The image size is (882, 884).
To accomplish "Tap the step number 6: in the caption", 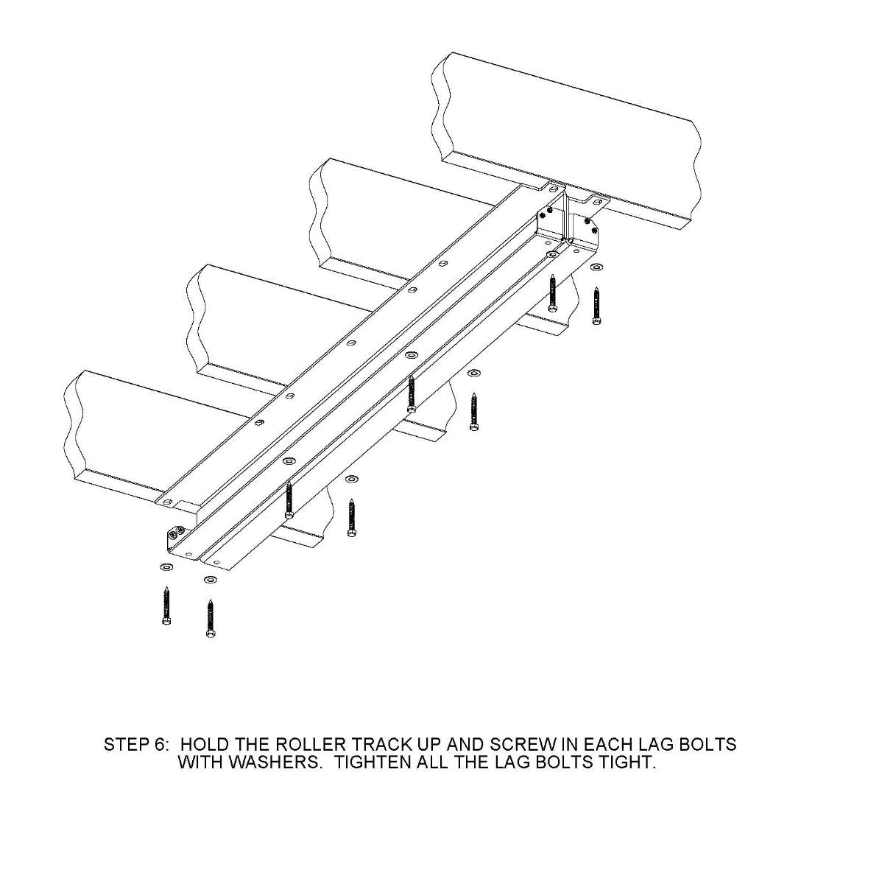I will click(x=162, y=744).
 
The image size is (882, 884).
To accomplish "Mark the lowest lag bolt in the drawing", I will click(x=211, y=618).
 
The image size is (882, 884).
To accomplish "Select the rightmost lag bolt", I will click(x=596, y=306).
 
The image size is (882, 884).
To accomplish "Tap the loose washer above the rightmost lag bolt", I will click(x=596, y=266).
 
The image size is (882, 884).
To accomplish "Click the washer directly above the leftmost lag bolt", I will click(x=165, y=567).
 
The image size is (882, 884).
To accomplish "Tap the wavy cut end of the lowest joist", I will click(x=74, y=427).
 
